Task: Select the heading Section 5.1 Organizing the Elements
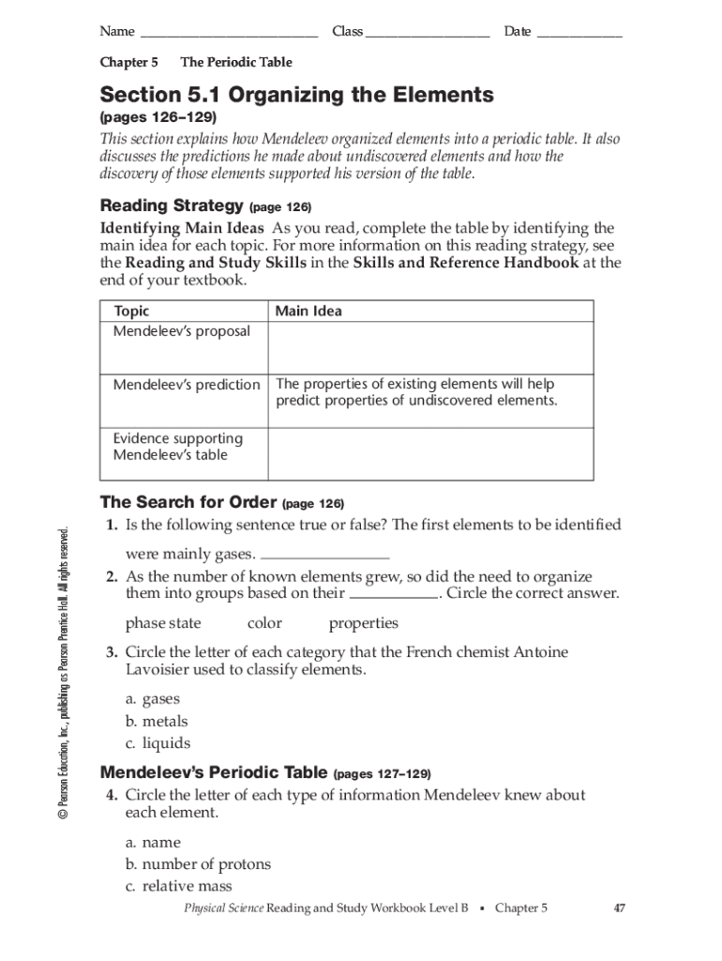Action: point(296,96)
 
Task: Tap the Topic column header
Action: point(131,312)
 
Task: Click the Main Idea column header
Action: point(308,312)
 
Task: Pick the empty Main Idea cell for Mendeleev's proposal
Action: point(430,348)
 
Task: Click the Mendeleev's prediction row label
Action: point(187,385)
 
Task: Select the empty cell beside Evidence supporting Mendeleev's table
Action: point(430,454)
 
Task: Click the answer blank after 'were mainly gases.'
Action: point(324,555)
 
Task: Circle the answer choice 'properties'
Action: point(363,624)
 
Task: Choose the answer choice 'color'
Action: point(264,624)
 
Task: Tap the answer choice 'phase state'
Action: point(163,624)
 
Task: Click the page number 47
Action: point(619,908)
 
